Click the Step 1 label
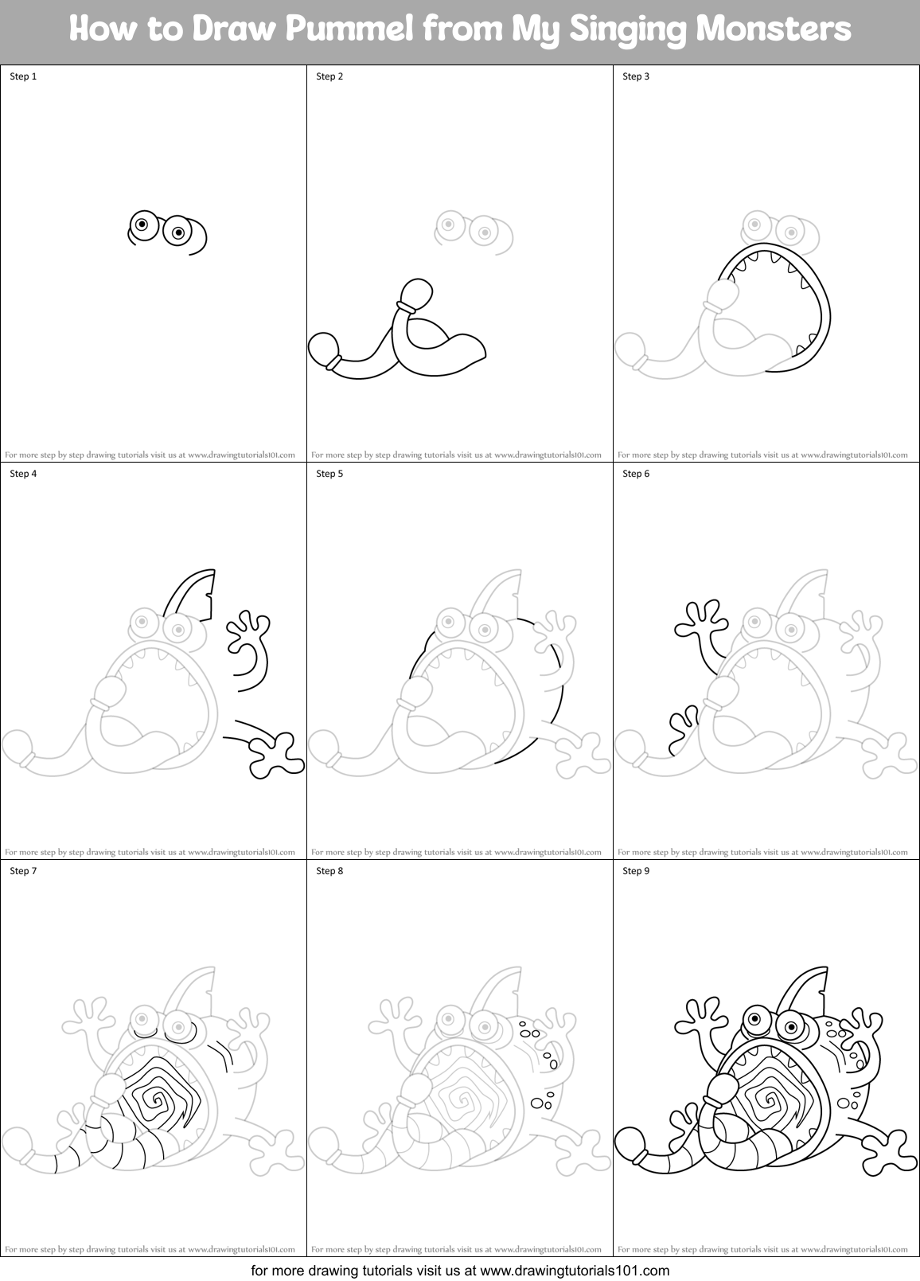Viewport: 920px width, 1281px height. tap(23, 76)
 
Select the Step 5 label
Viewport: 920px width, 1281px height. tap(329, 474)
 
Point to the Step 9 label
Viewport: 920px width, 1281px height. tap(636, 871)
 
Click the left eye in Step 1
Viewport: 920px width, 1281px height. tap(142, 225)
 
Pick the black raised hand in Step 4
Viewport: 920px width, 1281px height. tap(250, 629)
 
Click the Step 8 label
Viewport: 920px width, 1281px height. tap(329, 871)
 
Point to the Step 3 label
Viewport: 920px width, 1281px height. tap(636, 76)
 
